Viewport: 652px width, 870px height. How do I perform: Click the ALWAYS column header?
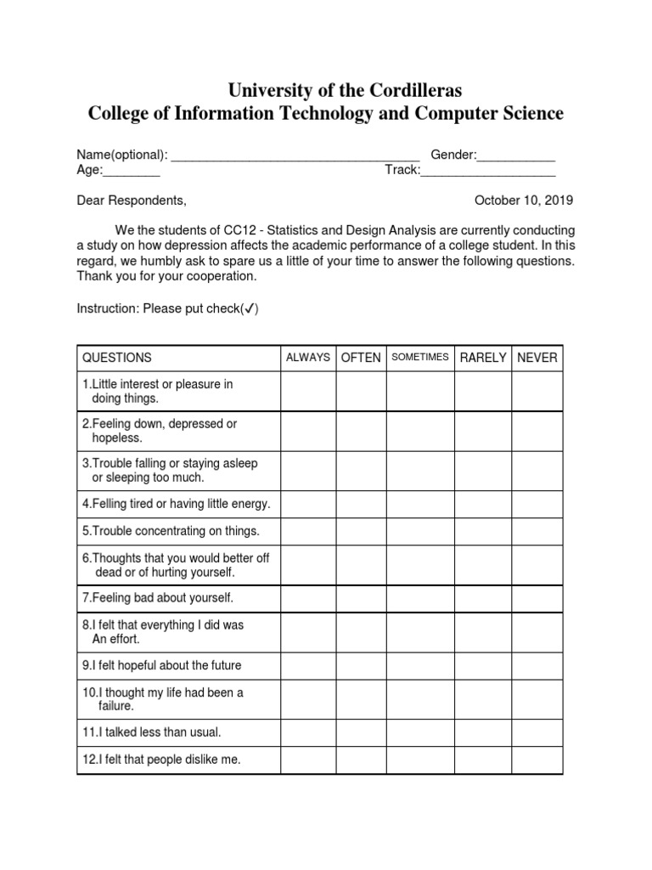[308, 358]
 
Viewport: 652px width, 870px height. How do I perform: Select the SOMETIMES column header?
[419, 358]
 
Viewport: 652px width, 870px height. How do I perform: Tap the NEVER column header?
[537, 358]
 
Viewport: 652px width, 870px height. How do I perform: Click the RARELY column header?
[482, 358]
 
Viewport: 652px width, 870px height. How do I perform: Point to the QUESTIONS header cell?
[117, 358]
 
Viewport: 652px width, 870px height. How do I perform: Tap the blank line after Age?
[132, 172]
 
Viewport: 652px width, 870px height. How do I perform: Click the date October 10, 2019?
[524, 201]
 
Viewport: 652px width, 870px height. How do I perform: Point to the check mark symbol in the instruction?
[250, 308]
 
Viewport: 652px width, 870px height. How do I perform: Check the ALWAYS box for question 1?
[308, 391]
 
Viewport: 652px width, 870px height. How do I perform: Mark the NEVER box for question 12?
[537, 760]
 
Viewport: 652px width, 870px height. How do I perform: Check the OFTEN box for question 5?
[361, 531]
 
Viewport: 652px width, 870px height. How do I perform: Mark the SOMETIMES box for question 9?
[419, 665]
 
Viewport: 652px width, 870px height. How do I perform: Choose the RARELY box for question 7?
[482, 598]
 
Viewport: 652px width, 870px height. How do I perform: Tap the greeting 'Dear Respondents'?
[131, 201]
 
